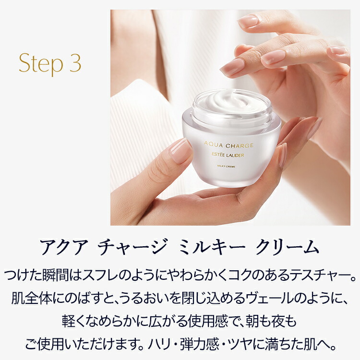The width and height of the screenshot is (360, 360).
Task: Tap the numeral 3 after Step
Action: (x=75, y=65)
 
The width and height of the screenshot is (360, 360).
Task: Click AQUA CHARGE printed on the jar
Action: (x=228, y=144)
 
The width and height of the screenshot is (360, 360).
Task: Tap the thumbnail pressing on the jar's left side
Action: (x=180, y=151)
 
